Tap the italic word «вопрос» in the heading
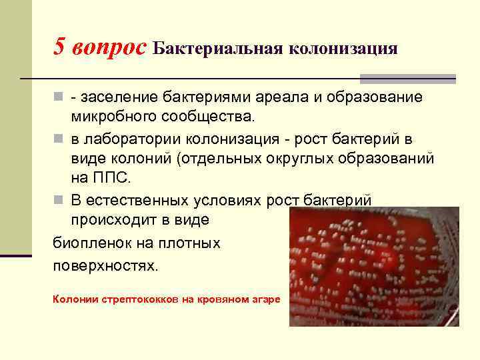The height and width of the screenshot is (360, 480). (109, 48)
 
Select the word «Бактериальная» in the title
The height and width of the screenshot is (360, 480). (217, 49)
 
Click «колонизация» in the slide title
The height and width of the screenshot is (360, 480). (343, 49)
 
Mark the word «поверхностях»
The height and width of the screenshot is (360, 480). (106, 265)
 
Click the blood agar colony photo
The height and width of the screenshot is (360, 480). (373, 267)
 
